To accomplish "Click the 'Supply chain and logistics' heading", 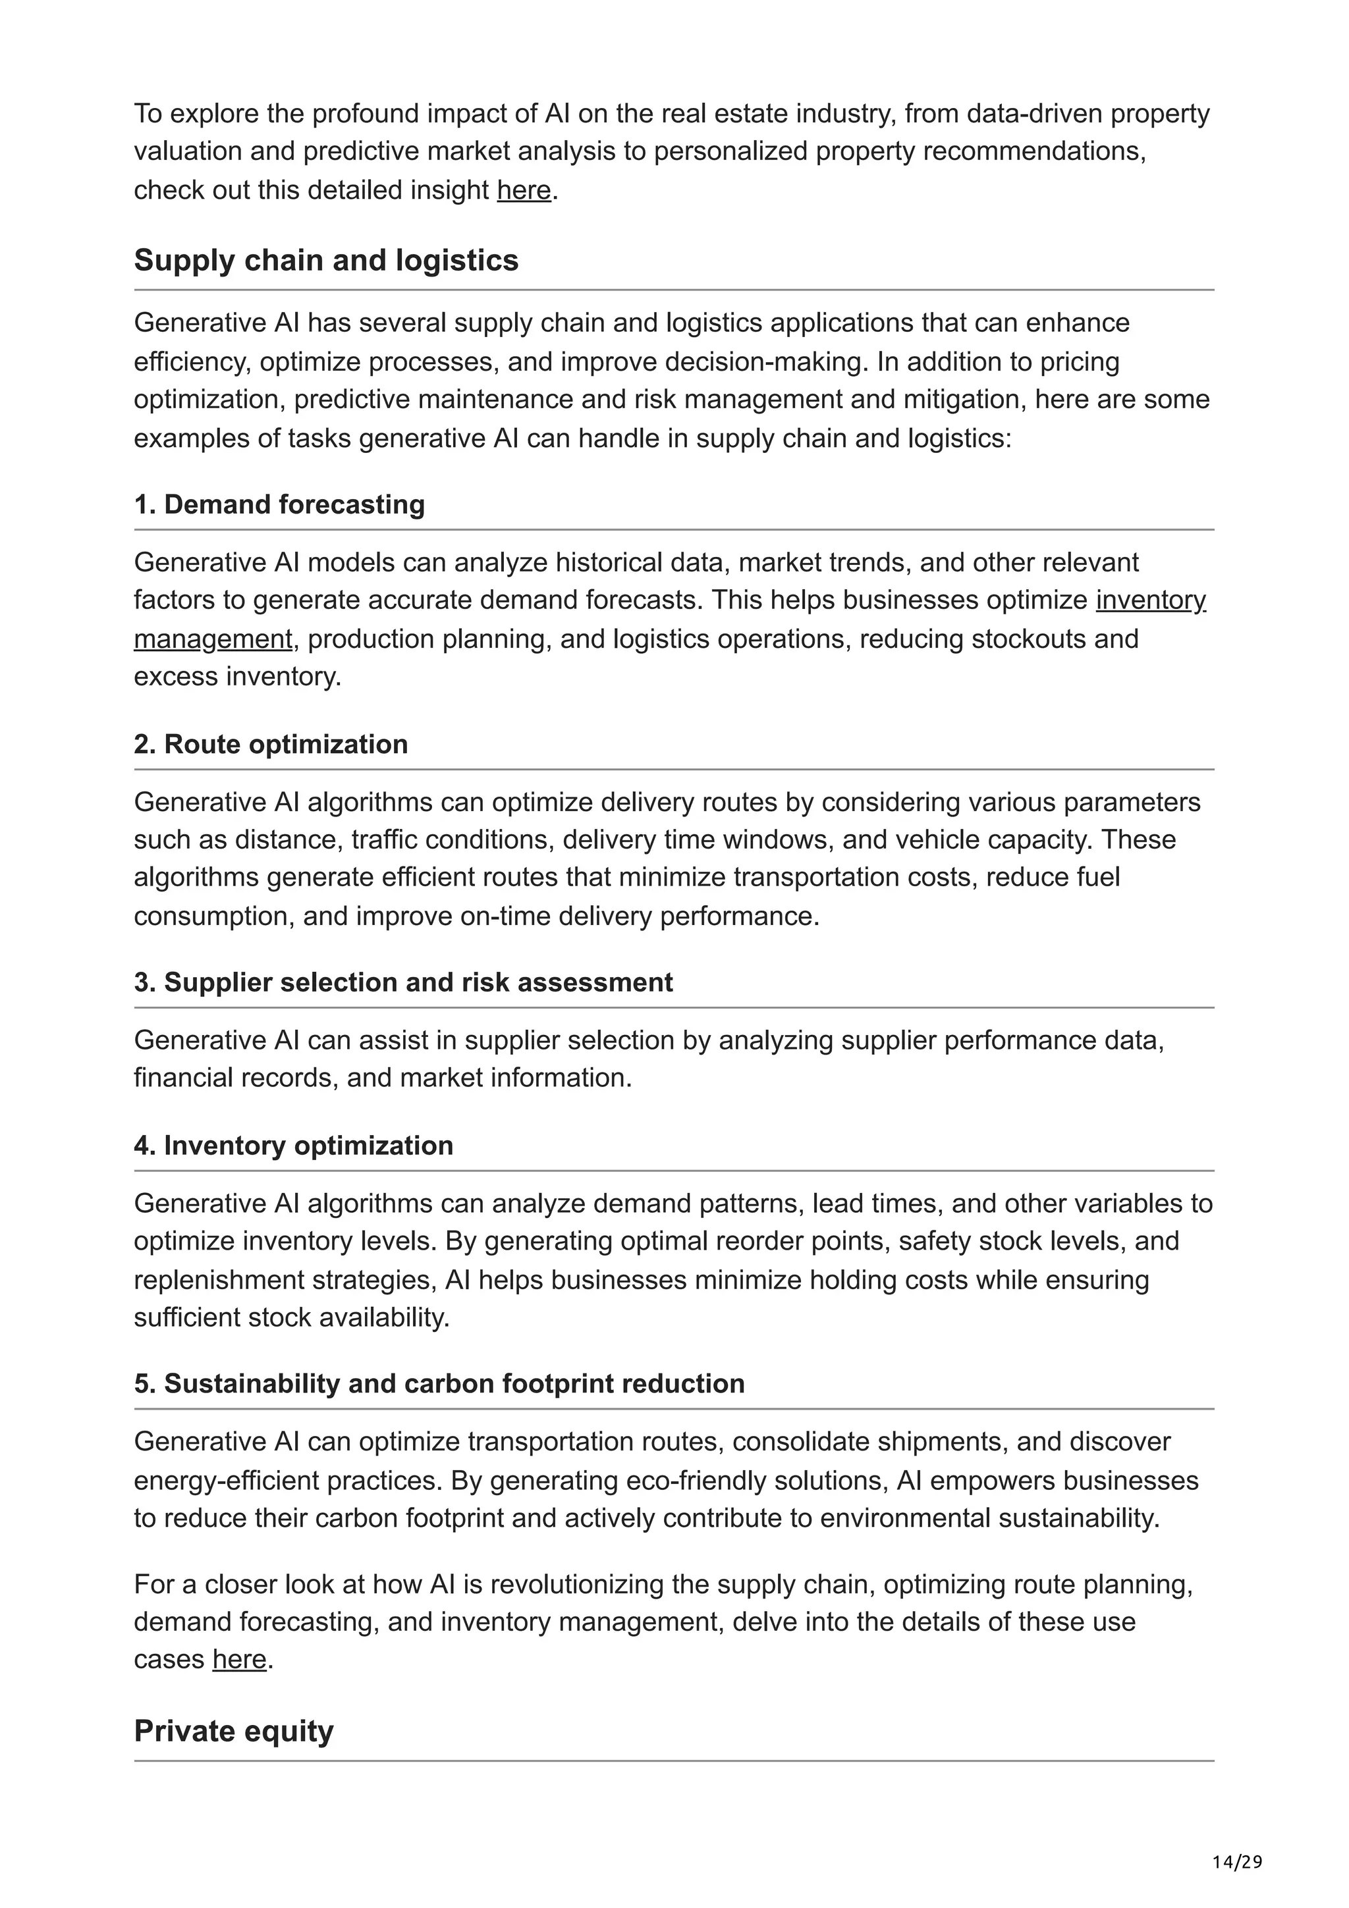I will (326, 260).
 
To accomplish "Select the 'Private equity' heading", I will (234, 1730).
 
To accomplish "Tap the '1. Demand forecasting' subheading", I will (279, 504).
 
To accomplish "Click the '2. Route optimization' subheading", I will (271, 744).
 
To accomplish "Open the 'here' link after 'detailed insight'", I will (524, 190).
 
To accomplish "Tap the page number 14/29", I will (1237, 1861).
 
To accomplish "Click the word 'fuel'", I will (1098, 878).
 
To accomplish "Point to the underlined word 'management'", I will (213, 639).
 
